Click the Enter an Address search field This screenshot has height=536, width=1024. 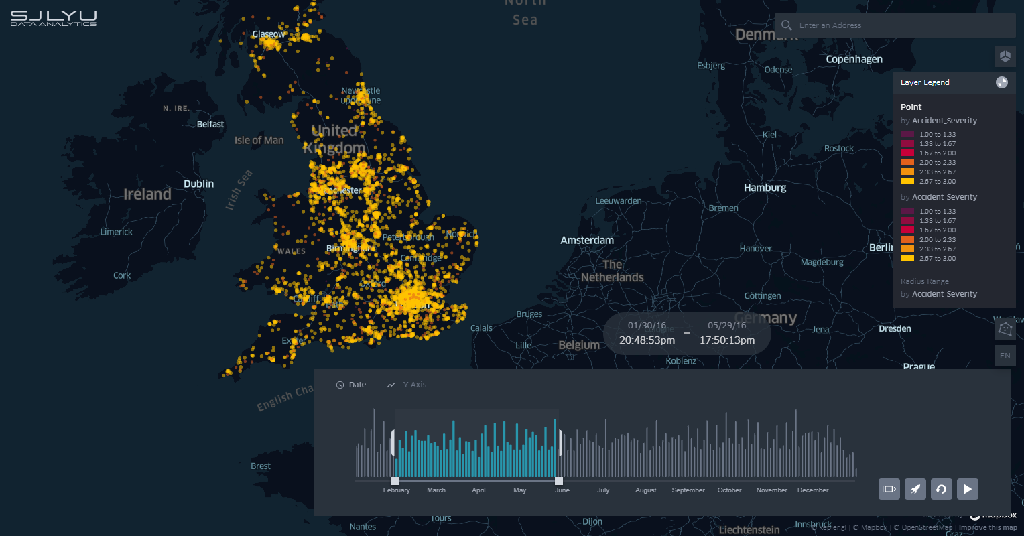pyautogui.click(x=898, y=25)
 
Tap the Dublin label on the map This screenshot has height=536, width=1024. pyautogui.click(x=199, y=184)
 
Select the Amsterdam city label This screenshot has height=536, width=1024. pyautogui.click(x=587, y=240)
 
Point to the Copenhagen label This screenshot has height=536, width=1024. pyautogui.click(x=854, y=59)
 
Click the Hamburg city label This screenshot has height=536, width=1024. pyautogui.click(x=765, y=188)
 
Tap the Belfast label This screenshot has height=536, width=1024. pyautogui.click(x=210, y=124)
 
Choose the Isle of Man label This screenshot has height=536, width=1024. pyautogui.click(x=259, y=140)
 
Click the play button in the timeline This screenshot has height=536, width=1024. pyautogui.click(x=967, y=489)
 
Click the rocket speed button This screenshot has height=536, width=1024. pyautogui.click(x=915, y=489)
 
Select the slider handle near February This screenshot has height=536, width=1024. pyautogui.click(x=395, y=481)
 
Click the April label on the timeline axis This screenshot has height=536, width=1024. pyautogui.click(x=478, y=490)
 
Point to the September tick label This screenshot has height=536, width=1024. pyautogui.click(x=688, y=490)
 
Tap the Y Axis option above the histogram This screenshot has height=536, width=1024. pyautogui.click(x=414, y=385)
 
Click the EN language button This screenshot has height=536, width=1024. pyautogui.click(x=1005, y=356)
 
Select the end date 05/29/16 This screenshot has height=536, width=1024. pyautogui.click(x=726, y=326)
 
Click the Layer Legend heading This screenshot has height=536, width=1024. pyautogui.click(x=925, y=82)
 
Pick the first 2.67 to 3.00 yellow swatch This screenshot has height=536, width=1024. pyautogui.click(x=907, y=182)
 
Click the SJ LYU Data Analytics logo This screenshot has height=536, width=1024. pyautogui.click(x=54, y=18)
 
